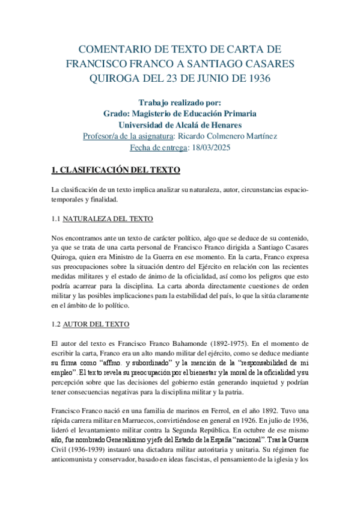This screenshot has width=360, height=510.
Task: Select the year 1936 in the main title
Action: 255,78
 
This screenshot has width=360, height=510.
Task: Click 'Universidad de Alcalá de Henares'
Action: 180,124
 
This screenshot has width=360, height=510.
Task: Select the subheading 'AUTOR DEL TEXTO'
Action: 96,325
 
